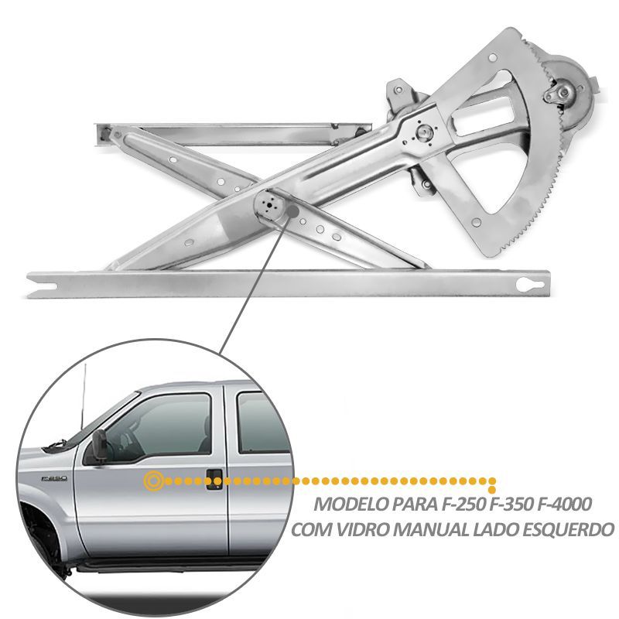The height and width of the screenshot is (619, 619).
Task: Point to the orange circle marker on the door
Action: pyautogui.click(x=153, y=480)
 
